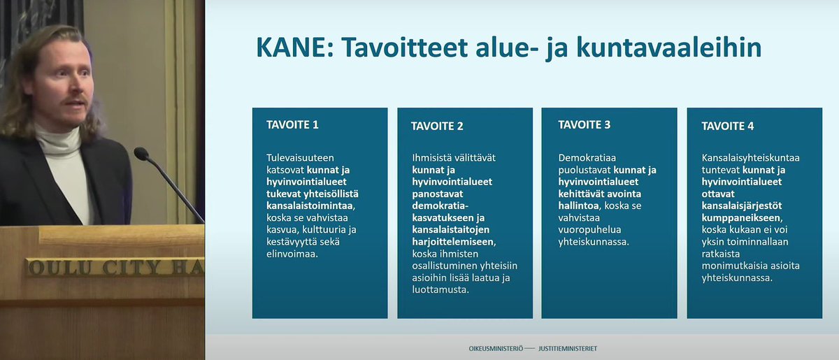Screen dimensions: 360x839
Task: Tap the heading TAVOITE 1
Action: (292, 125)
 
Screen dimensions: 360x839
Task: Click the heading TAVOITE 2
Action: (438, 126)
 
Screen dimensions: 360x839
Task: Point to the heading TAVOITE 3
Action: (585, 124)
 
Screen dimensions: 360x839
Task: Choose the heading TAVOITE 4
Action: (728, 126)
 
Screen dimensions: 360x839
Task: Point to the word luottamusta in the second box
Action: (440, 290)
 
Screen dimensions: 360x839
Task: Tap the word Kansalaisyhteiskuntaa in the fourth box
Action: (750, 157)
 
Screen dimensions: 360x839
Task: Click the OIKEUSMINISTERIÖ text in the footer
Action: (496, 348)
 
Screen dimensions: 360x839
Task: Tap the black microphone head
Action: (141, 153)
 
